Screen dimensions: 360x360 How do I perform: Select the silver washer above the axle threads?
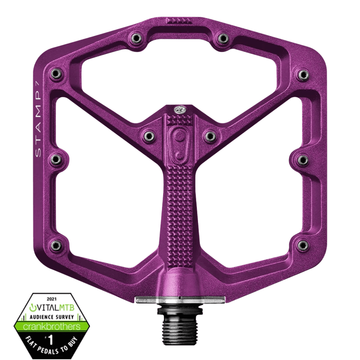(x=180, y=300)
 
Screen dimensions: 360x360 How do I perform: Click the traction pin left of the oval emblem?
(x=148, y=136)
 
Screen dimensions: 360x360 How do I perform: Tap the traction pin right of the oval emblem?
(x=210, y=136)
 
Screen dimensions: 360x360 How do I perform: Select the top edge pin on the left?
(x=136, y=37)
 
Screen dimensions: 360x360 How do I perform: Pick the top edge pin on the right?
(x=223, y=37)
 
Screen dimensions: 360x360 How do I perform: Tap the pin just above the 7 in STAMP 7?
(x=55, y=74)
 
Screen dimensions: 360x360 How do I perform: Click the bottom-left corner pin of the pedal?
(x=55, y=245)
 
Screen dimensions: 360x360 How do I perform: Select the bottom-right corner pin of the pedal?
(x=303, y=245)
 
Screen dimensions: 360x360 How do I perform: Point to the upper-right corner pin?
(x=303, y=75)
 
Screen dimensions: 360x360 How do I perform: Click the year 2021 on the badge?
(x=52, y=298)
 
